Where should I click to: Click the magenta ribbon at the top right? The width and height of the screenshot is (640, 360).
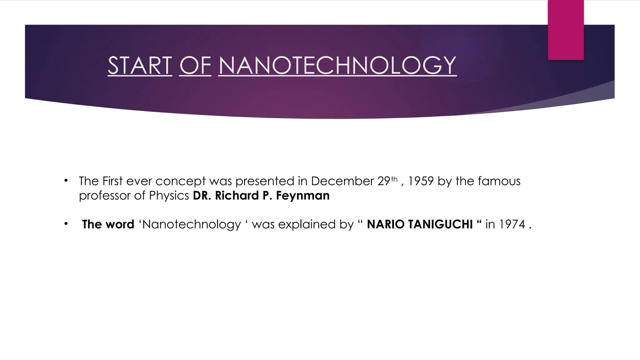(x=566, y=30)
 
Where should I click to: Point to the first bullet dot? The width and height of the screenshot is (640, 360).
(x=66, y=181)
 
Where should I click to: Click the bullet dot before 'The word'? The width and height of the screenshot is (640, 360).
(x=66, y=224)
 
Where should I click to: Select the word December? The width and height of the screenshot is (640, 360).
(x=342, y=181)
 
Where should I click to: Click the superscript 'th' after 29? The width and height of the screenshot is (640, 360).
(x=394, y=179)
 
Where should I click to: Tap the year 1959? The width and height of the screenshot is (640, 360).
(x=421, y=181)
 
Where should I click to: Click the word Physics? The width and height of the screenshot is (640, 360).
(x=169, y=196)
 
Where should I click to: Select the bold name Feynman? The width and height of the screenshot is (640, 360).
(x=302, y=196)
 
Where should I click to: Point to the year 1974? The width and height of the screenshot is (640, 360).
(x=512, y=224)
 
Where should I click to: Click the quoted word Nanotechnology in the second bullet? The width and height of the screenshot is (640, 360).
(x=192, y=225)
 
